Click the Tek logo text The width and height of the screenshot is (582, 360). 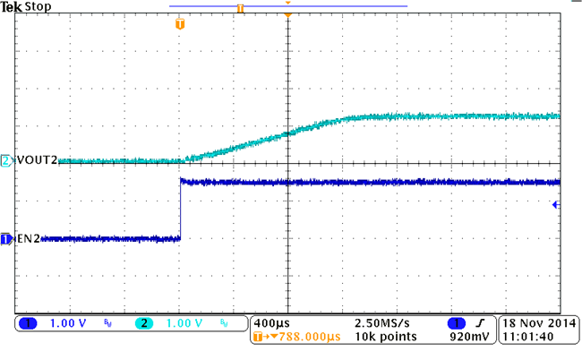[12, 6]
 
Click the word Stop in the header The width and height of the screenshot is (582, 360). [37, 6]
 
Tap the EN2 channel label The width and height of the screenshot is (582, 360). [26, 239]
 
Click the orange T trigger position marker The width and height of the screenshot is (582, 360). [180, 23]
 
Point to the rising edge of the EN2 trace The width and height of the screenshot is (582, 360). [180, 210]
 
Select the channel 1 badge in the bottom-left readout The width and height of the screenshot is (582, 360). [28, 322]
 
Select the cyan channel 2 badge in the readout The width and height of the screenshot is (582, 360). [144, 322]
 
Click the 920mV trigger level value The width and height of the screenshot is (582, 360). [468, 338]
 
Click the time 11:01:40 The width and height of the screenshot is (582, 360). [528, 338]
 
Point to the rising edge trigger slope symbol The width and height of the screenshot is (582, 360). [480, 322]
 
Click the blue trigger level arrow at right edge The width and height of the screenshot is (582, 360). [556, 205]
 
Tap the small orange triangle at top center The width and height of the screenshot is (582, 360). [287, 4]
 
